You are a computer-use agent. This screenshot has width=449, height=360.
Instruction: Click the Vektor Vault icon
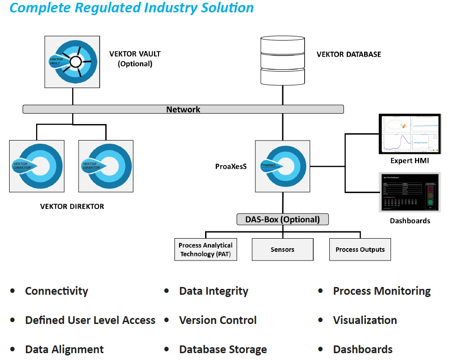coord(72,62)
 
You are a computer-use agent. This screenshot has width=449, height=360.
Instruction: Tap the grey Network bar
coord(183,110)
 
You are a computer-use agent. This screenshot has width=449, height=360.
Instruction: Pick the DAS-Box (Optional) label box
coord(282,219)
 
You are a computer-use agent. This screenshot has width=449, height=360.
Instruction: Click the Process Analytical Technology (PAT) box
coord(206,250)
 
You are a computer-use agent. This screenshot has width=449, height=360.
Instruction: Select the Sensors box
coord(282,250)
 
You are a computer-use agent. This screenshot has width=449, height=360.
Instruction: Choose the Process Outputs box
coord(360,250)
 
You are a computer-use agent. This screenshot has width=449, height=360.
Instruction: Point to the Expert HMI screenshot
coord(409,134)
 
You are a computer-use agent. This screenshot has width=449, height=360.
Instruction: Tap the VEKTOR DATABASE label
coord(349,54)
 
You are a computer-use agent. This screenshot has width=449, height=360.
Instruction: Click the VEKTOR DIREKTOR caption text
coord(72,206)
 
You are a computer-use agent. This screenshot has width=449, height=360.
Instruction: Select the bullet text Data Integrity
coord(213,291)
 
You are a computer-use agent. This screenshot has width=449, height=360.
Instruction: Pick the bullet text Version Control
coord(217,320)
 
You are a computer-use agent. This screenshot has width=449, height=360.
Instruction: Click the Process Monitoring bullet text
coord(381,291)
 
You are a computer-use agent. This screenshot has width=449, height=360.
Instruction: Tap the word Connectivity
coord(57,291)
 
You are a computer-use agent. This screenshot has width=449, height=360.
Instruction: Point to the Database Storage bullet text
coord(223,350)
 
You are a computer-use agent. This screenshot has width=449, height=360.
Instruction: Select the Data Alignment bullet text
coord(64,350)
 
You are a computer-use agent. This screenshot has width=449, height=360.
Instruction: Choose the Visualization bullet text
coord(364,320)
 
